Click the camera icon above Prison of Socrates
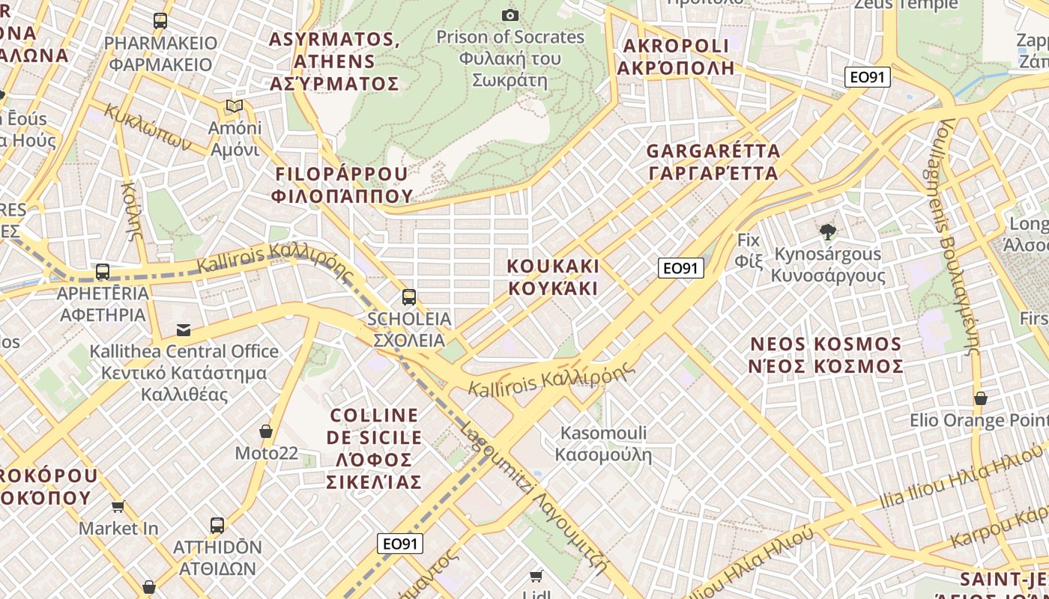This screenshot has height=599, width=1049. (x=510, y=15)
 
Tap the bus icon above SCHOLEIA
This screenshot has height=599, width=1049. (x=408, y=297)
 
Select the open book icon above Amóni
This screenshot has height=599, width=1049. (x=235, y=106)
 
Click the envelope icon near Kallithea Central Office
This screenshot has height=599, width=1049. (x=183, y=329)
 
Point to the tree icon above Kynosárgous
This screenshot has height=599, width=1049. (x=828, y=232)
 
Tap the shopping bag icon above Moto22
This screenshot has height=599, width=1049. (x=265, y=431)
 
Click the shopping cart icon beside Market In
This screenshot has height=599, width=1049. (x=118, y=507)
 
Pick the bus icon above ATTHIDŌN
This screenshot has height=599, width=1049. (x=217, y=525)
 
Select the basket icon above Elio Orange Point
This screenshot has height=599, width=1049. (x=980, y=398)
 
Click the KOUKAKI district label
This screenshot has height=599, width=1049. (x=553, y=277)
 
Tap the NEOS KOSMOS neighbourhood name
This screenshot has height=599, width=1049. (x=826, y=355)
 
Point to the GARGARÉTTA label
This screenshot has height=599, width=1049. (x=713, y=162)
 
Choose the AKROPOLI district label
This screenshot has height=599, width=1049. (x=675, y=57)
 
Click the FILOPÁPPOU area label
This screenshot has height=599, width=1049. (x=342, y=185)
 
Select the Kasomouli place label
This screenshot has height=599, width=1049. (x=604, y=443)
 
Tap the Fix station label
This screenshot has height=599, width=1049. (x=749, y=250)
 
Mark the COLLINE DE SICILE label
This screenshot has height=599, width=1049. (x=375, y=448)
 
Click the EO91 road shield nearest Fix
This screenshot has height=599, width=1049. (x=681, y=268)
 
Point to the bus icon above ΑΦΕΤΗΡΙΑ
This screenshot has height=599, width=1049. (x=103, y=272)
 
